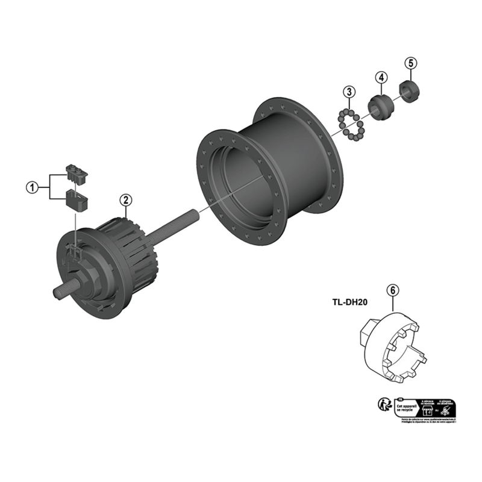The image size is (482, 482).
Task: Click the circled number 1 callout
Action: click(31, 187)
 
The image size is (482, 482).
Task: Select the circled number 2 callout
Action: click(125, 199)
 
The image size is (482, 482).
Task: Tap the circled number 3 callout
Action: click(349, 92)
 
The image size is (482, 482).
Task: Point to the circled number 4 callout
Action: click(381, 77)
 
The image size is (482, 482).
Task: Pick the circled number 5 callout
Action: click(410, 63)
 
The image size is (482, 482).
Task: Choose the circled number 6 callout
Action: click(393, 290)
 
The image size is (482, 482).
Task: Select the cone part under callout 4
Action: click(380, 107)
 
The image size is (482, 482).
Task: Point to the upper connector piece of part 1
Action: click(77, 173)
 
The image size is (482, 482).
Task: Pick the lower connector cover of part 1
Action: click(76, 199)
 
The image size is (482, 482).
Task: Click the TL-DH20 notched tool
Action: click(397, 350)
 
